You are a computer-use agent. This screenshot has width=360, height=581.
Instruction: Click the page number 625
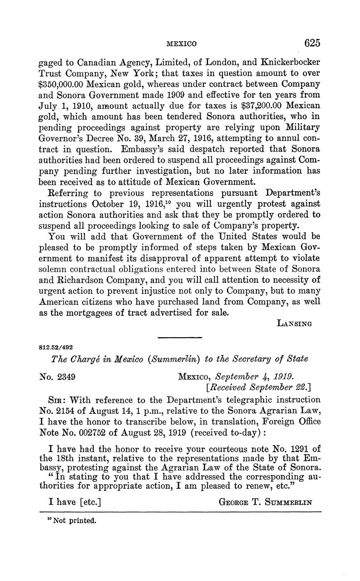pos(312,43)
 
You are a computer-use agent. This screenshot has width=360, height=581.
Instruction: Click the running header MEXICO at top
pos(181,43)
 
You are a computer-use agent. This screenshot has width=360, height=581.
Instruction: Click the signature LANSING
pos(294,323)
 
